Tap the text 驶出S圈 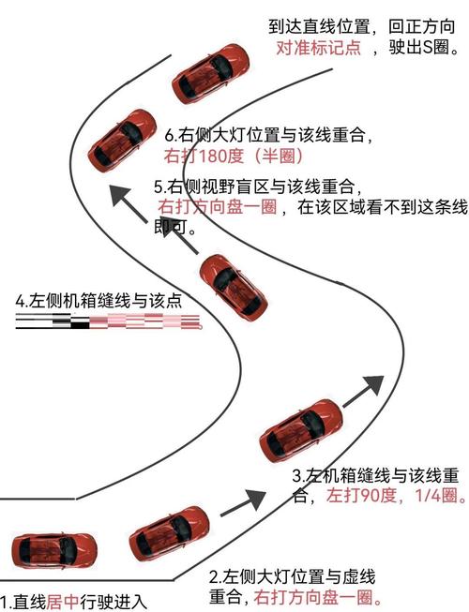click(x=423, y=48)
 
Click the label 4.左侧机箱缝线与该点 click(x=98, y=301)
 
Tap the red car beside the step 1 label click(x=53, y=551)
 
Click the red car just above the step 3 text click(x=301, y=430)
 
